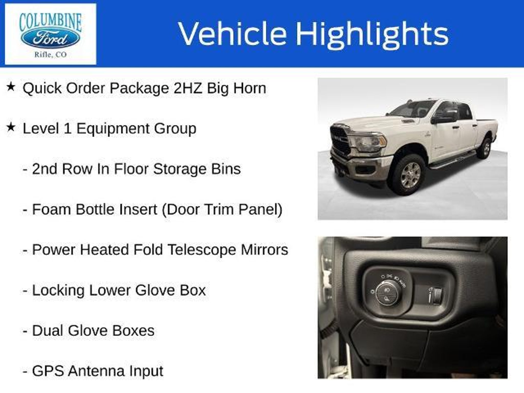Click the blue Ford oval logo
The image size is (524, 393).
(50, 39)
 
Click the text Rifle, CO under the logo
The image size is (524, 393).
(51, 55)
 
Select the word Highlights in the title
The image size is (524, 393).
(372, 34)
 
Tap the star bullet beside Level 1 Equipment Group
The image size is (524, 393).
(11, 127)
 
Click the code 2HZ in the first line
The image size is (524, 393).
(188, 88)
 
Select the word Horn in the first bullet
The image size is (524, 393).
(249, 88)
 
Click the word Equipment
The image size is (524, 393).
(113, 129)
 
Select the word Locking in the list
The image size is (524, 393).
(58, 291)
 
